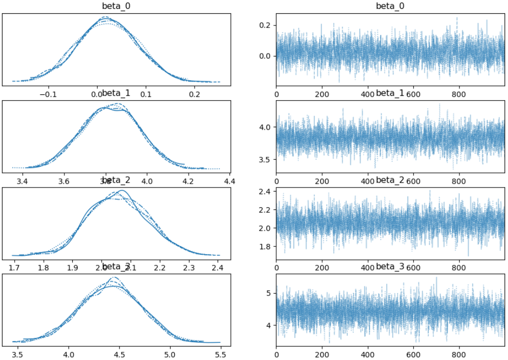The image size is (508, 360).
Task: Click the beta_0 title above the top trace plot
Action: (x=390, y=5)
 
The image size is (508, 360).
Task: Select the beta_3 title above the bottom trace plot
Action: (x=390, y=267)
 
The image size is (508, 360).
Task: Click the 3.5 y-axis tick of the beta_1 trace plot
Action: (x=267, y=160)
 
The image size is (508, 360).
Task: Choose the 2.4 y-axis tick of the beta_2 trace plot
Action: (x=267, y=192)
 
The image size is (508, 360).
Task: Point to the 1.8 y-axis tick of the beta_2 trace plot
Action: (x=267, y=246)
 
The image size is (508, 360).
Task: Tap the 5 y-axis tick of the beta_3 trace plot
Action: (x=270, y=293)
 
